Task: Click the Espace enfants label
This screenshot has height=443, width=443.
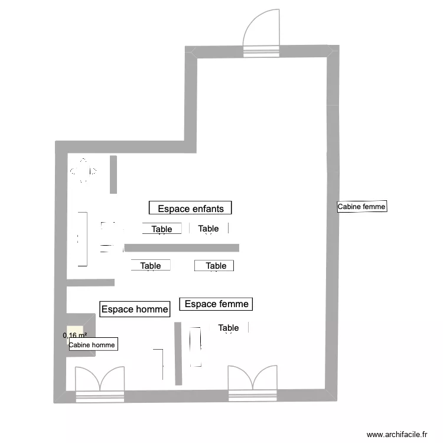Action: (190, 208)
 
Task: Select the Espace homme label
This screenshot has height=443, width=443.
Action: (135, 308)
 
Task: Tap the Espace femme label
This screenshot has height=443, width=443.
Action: (216, 304)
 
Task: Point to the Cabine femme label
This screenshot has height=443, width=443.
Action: (361, 207)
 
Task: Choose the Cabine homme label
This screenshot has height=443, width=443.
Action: (93, 345)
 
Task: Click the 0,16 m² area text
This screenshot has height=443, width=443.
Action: (75, 335)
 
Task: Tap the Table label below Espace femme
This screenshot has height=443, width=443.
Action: (229, 328)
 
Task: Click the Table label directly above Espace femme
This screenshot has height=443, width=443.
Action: (216, 266)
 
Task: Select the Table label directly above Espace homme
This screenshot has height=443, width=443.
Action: (151, 266)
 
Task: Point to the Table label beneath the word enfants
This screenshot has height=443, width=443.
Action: (209, 229)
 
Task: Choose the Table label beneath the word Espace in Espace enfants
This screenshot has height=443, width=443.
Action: (162, 229)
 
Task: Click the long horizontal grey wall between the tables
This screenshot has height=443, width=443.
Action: (181, 247)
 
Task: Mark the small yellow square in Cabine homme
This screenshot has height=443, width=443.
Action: (75, 331)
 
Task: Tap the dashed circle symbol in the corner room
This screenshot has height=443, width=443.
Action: (83, 171)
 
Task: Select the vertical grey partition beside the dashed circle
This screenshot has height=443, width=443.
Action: (113, 174)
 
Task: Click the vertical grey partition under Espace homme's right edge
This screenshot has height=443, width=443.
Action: (177, 353)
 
